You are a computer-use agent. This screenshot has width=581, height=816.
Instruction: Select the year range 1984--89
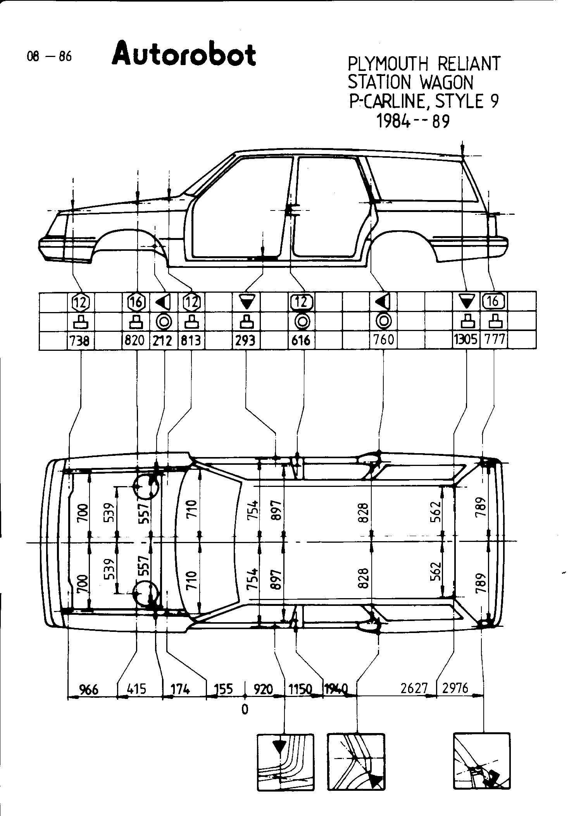click(413, 122)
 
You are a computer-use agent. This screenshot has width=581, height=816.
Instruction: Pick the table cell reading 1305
click(466, 340)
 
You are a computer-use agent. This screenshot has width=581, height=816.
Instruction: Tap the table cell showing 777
click(494, 340)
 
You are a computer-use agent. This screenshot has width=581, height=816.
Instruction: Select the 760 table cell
click(383, 340)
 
